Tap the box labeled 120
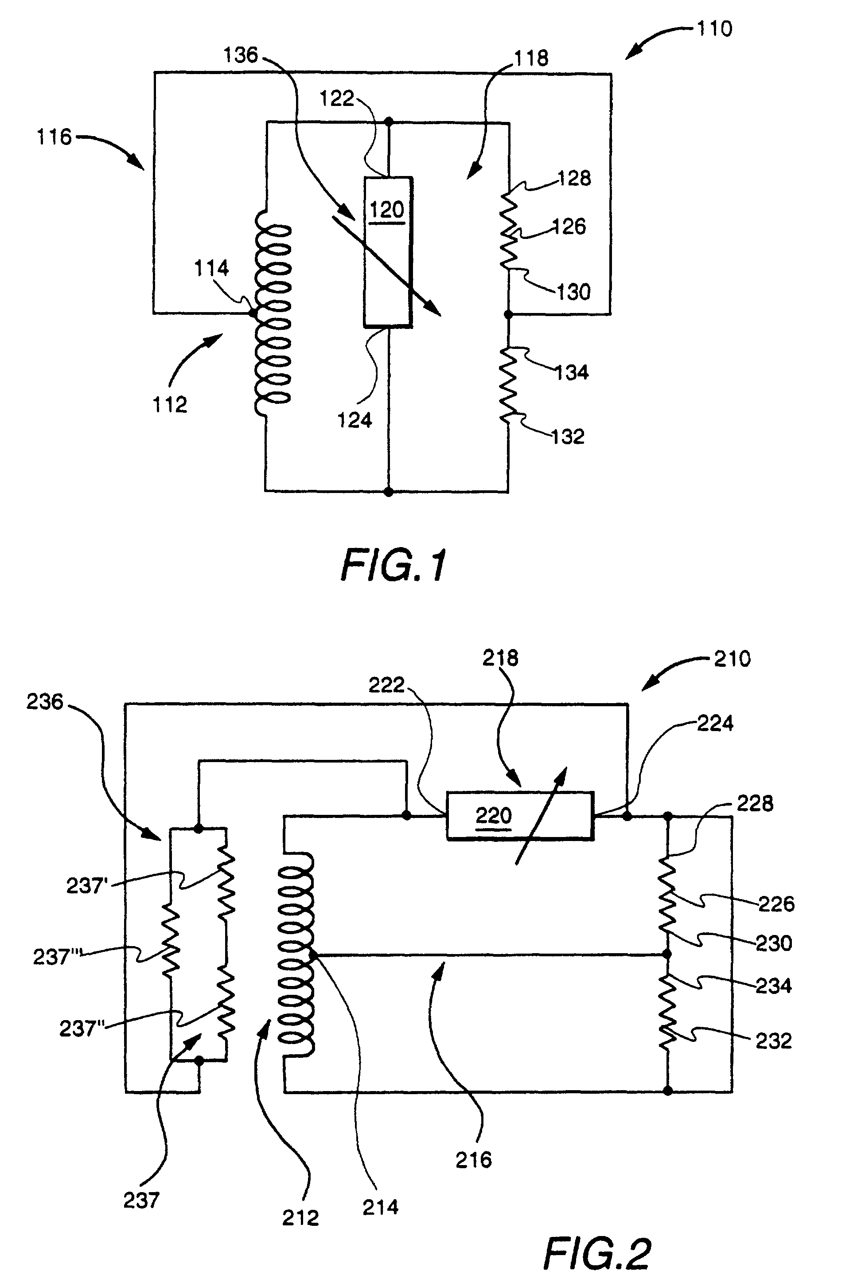click(388, 252)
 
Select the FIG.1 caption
click(394, 566)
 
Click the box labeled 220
click(520, 816)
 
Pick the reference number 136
click(241, 55)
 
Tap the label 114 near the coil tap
click(211, 268)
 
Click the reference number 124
click(355, 421)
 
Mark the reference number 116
click(54, 137)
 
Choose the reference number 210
click(732, 659)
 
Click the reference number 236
click(45, 702)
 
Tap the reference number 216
click(473, 1160)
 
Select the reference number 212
click(300, 1217)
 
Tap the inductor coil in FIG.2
click(296, 955)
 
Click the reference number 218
click(500, 658)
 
